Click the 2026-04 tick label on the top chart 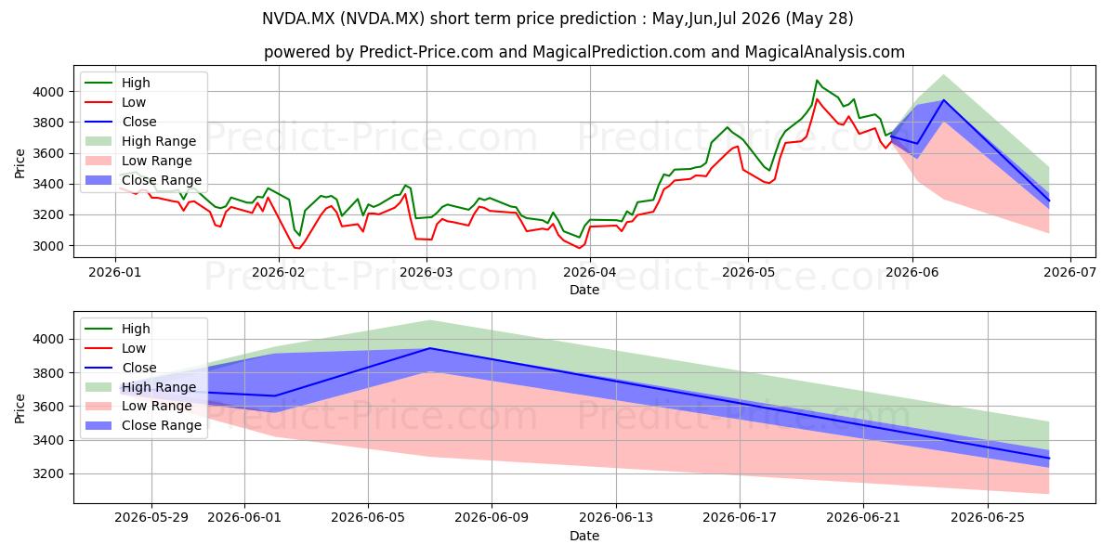coord(590,272)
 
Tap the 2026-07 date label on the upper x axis coord(1069,272)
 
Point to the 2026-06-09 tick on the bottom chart coord(492,518)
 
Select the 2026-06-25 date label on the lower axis coord(988,518)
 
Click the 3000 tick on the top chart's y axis coord(48,246)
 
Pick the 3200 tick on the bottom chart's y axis coord(48,474)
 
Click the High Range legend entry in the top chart coord(141,141)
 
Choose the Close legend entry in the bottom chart coord(121,368)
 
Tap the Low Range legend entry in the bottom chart coord(138,406)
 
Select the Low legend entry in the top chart coord(115,102)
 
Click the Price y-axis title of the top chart coord(20,163)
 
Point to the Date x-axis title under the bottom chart coord(584,536)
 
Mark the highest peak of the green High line coord(817,80)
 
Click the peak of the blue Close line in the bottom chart coord(430,348)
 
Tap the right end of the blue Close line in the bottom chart coord(1049,459)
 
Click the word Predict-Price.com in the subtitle coord(426,52)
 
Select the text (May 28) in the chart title coord(820,19)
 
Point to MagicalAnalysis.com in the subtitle coord(825,52)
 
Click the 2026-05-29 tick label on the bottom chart coord(151,518)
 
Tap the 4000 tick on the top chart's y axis coord(48,92)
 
